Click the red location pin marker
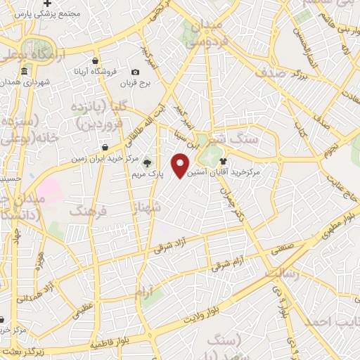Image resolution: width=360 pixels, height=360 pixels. pyautogui.click(x=181, y=166)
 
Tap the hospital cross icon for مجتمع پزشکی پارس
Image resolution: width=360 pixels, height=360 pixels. pyautogui.click(x=47, y=4)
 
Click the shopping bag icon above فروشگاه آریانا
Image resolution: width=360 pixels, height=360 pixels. pyautogui.click(x=95, y=60)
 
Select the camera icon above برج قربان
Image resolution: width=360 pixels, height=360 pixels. pyautogui.click(x=135, y=72)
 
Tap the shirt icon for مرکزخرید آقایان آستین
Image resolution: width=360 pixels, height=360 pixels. pyautogui.click(x=232, y=160)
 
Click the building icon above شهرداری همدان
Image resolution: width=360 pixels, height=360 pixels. pyautogui.click(x=25, y=72)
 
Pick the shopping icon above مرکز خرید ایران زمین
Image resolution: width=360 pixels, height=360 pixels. pyautogui.click(x=105, y=148)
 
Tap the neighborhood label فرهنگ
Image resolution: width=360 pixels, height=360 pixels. pyautogui.click(x=86, y=210)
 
